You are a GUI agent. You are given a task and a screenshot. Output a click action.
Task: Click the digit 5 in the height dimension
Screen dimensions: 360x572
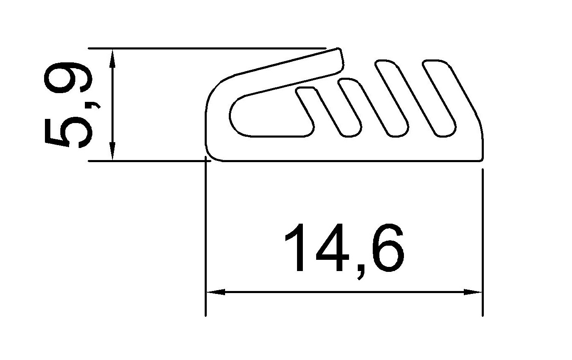coord(67,132)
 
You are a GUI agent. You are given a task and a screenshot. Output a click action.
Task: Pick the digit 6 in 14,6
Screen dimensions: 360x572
coord(388,248)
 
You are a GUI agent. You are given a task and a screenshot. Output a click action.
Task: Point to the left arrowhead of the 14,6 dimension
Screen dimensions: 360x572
coord(215,292)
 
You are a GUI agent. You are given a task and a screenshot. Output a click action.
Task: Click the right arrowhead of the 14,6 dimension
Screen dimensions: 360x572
coord(473,292)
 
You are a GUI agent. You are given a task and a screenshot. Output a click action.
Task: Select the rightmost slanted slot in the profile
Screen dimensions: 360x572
coord(439,99)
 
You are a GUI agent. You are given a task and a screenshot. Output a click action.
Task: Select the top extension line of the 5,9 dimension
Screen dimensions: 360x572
coord(208,48)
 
